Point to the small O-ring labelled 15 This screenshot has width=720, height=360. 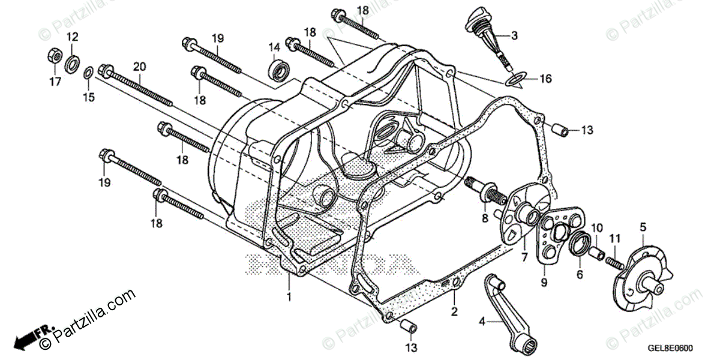click(88, 73)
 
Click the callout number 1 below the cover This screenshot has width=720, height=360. click(289, 297)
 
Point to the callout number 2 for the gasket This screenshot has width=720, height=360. click(454, 311)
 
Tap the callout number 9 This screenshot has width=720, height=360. click(544, 281)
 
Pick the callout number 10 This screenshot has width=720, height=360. click(596, 228)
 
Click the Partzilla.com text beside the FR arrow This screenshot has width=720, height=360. click(90, 318)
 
